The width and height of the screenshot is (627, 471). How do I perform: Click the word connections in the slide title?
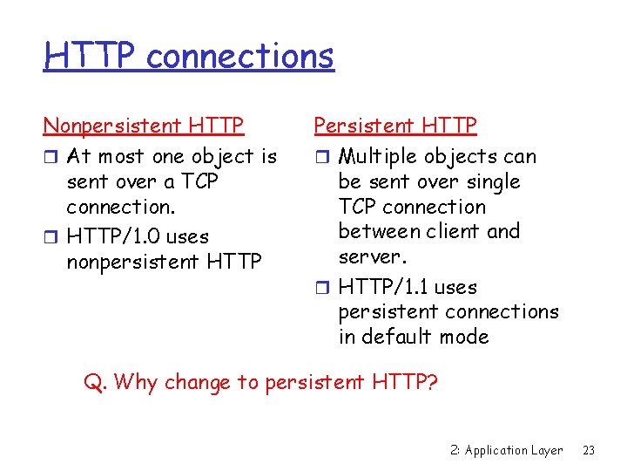point(240,57)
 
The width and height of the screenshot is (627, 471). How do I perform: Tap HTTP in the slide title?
point(91,57)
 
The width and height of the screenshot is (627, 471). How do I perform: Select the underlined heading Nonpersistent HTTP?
point(144,126)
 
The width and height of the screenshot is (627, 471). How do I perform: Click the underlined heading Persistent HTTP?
point(395,126)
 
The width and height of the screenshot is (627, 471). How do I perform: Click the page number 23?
point(589,450)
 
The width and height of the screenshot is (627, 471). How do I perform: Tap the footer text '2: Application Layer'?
point(507,450)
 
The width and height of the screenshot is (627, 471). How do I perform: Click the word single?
point(493,182)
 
